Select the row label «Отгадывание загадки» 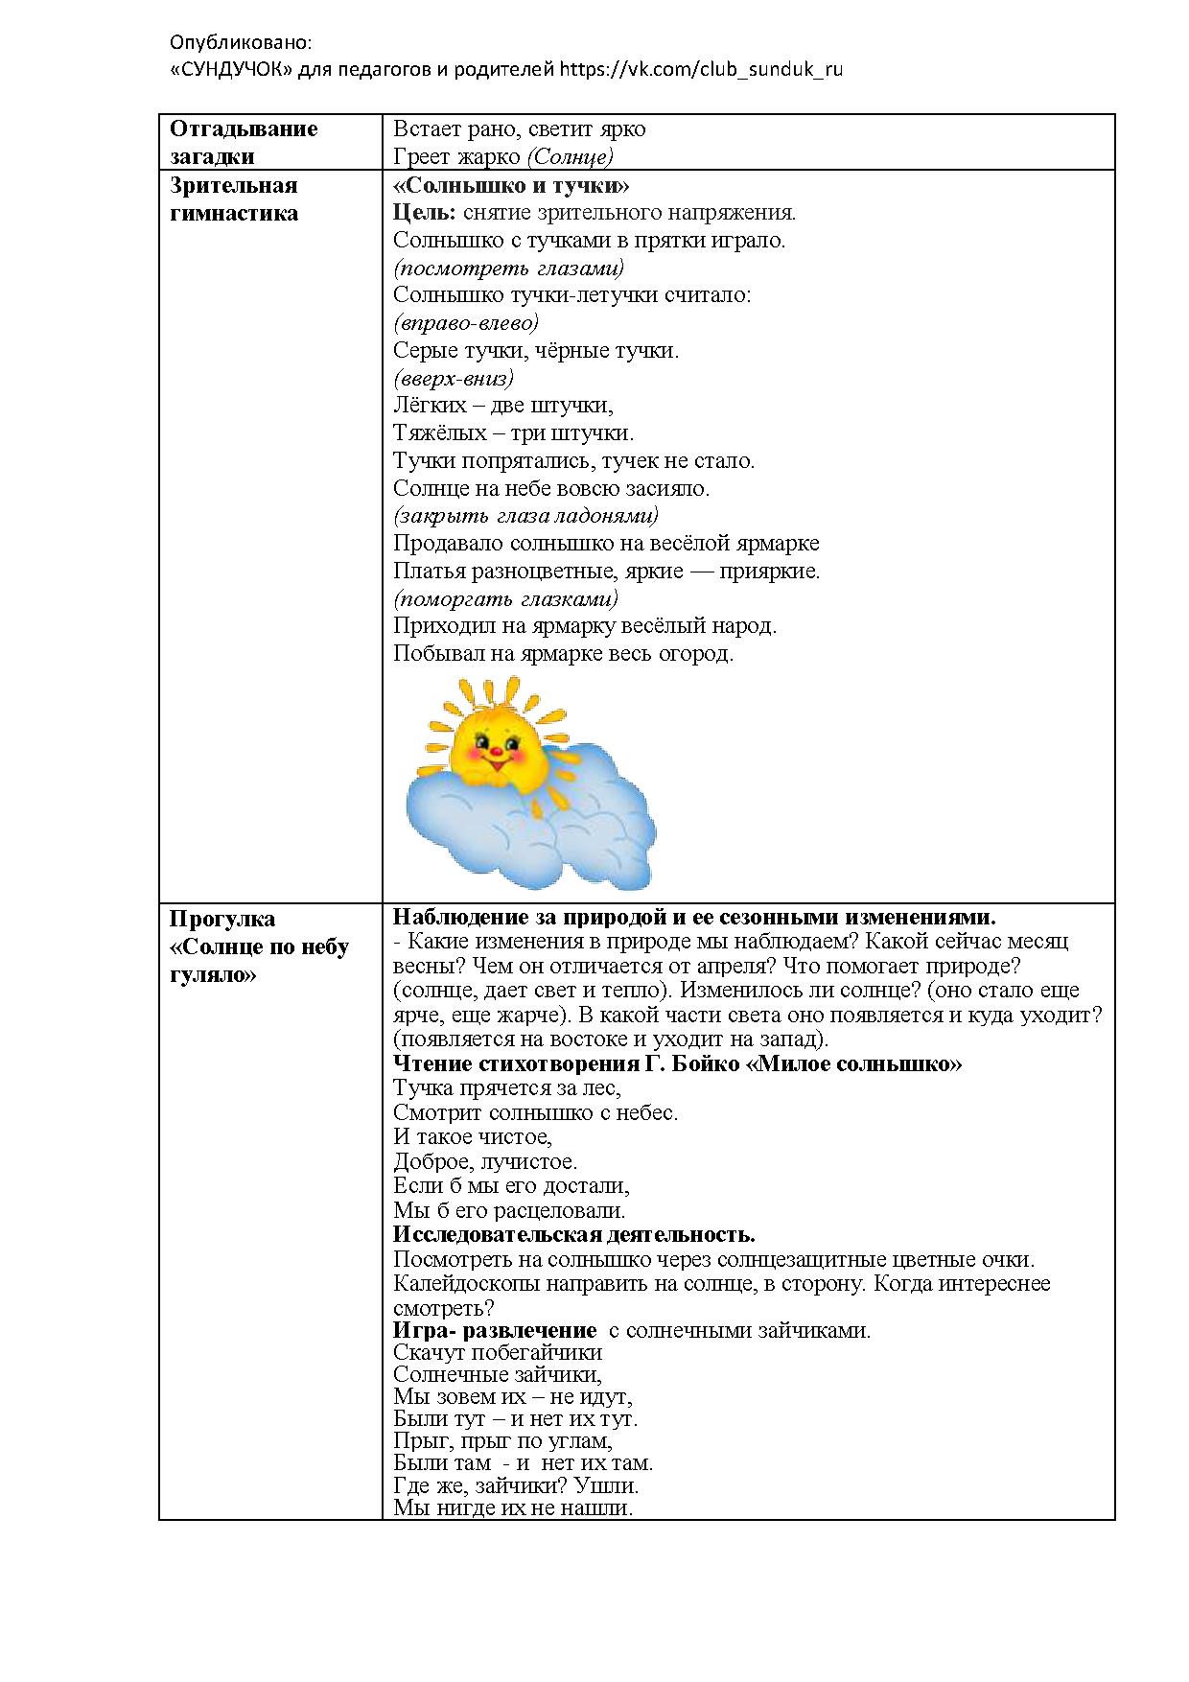(244, 143)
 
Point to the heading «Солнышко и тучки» (511, 185)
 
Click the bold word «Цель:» (426, 213)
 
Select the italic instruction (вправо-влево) (466, 322)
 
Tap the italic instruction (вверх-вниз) (454, 378)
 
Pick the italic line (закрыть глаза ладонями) (525, 516)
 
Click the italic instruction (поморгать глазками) (505, 599)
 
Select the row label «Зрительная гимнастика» (234, 199)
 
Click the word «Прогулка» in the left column (222, 919)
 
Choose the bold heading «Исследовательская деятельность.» (574, 1234)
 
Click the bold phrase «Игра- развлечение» (495, 1330)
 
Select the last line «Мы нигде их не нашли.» (513, 1508)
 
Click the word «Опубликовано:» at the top (241, 43)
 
